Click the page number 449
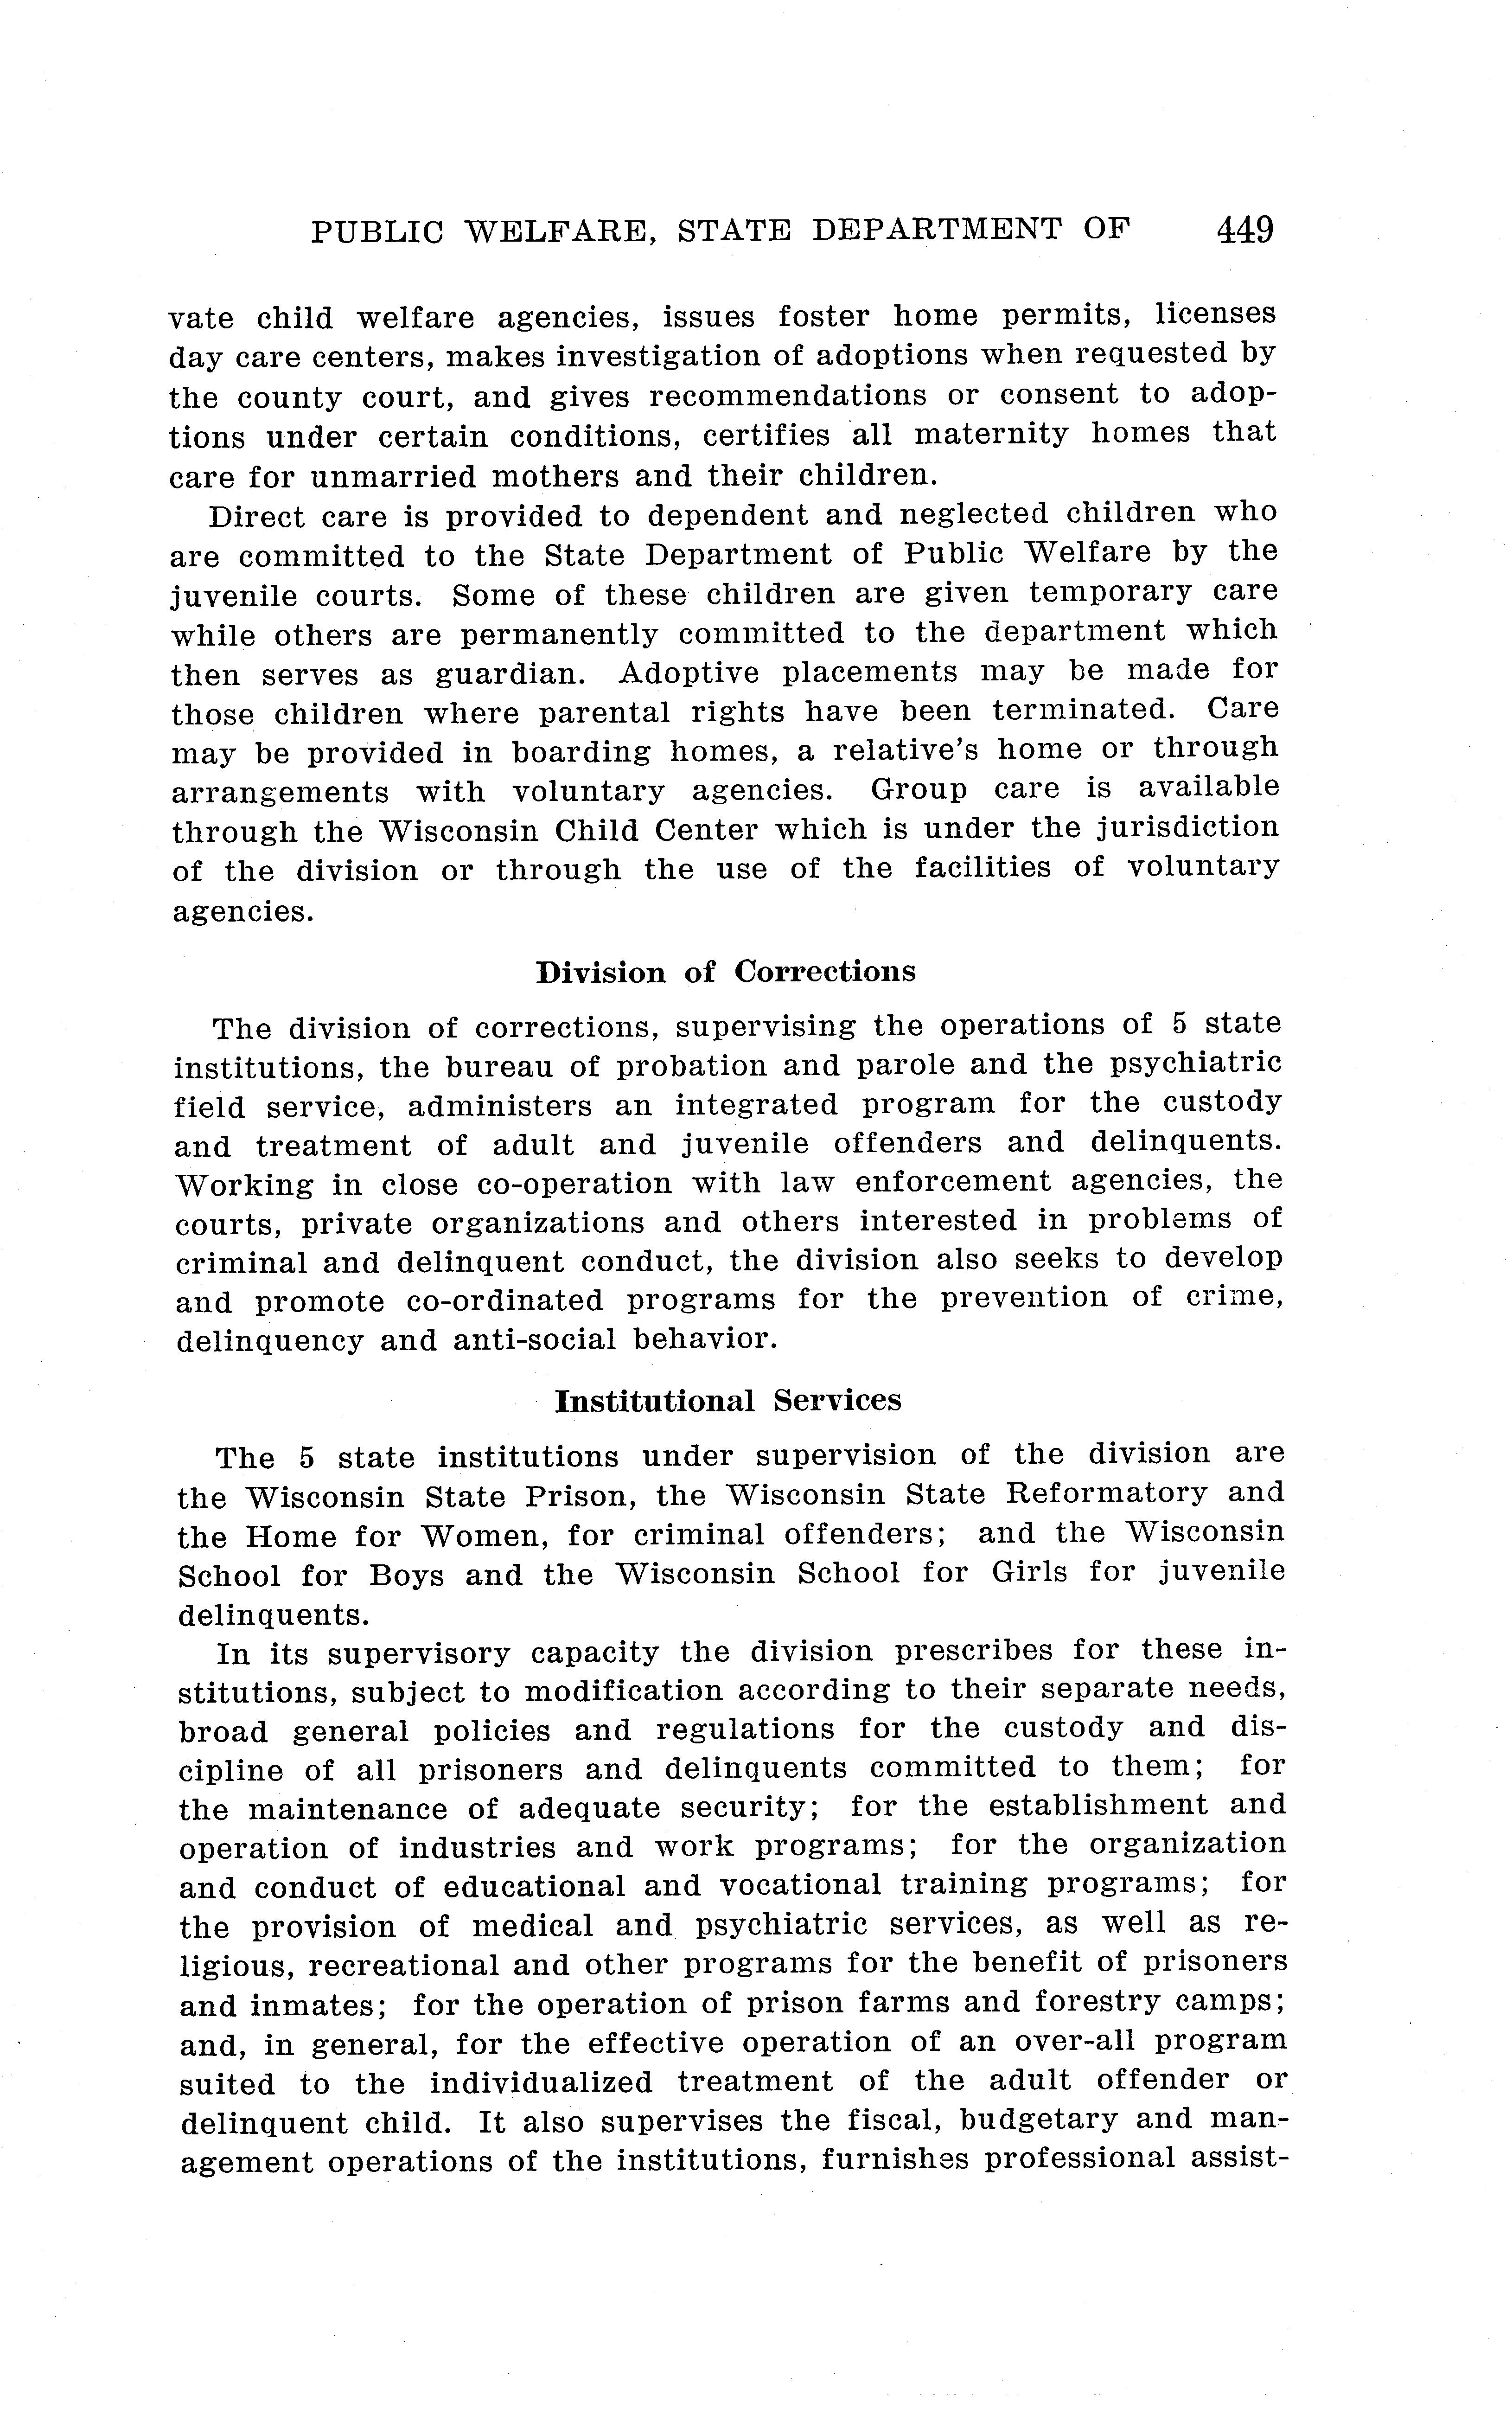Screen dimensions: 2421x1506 [1244, 230]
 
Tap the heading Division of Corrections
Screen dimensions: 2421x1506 [725, 973]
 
